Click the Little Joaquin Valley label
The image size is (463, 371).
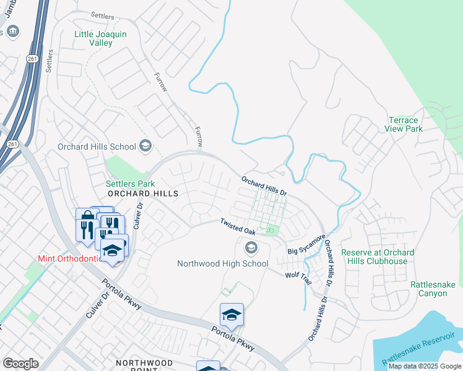(x=100, y=39)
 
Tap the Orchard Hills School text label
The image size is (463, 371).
(x=97, y=147)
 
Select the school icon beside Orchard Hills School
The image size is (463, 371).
(x=145, y=147)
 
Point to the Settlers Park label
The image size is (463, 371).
(x=130, y=184)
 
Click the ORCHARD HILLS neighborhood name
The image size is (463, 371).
(x=143, y=194)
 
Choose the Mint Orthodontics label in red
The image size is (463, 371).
(x=70, y=258)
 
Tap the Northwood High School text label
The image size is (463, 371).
(x=223, y=263)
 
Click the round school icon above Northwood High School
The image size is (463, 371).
(x=251, y=249)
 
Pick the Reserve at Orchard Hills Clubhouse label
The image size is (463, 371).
(x=383, y=257)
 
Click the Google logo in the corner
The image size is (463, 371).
(x=20, y=364)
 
